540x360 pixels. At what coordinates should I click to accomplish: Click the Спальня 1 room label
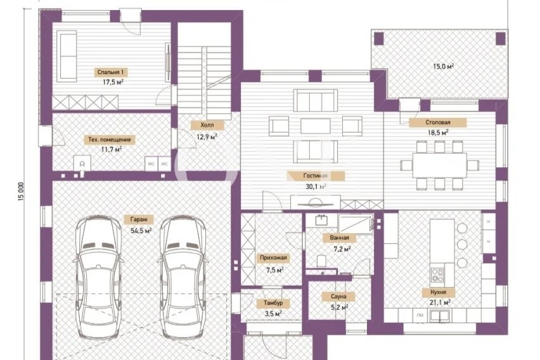tap(111, 72)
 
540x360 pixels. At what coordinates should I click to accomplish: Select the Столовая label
tap(438, 122)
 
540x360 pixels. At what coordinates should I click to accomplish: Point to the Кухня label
tap(438, 292)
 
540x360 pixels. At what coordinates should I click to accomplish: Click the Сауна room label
tap(338, 296)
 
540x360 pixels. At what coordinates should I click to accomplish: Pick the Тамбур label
tap(273, 303)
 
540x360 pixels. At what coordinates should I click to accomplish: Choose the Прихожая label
tap(273, 258)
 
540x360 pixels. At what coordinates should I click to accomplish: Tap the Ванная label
tap(339, 238)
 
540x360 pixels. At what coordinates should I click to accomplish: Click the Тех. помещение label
tap(110, 139)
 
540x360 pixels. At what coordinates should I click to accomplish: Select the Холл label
tap(207, 125)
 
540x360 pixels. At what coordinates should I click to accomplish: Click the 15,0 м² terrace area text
tap(443, 66)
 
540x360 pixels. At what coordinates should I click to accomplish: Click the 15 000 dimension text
tap(22, 191)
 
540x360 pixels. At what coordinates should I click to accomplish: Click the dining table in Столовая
tap(439, 165)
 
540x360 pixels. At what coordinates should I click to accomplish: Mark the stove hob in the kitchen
tap(437, 275)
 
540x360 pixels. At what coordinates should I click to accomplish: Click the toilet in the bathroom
tap(321, 261)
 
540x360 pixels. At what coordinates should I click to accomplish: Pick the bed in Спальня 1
tap(67, 56)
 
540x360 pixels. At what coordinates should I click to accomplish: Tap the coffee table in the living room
tap(316, 126)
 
